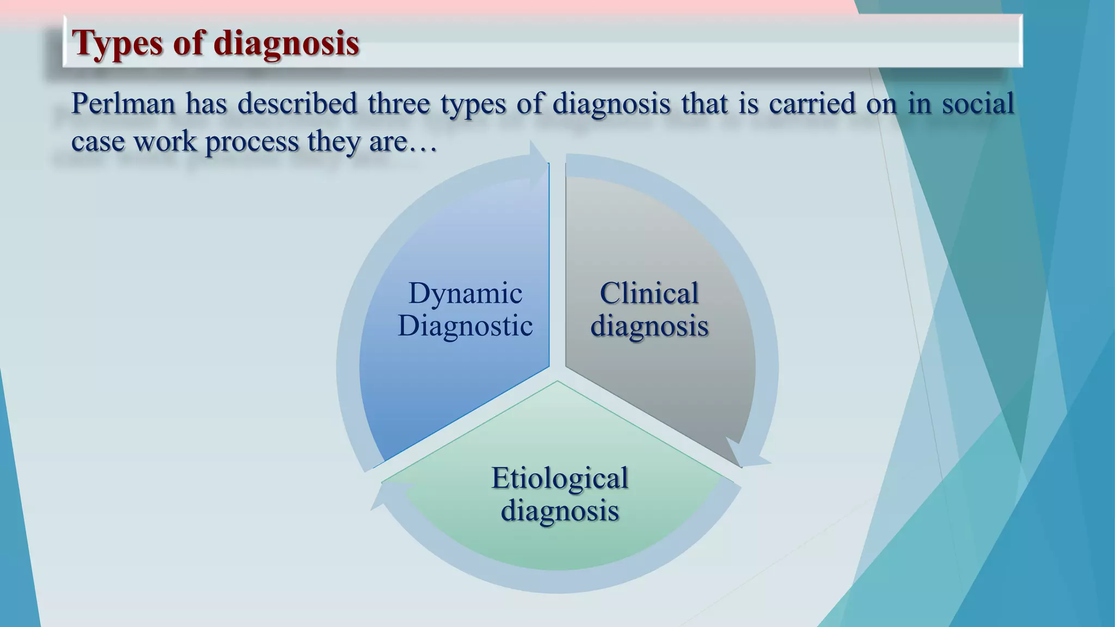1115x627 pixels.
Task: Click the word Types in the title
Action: [x=117, y=44]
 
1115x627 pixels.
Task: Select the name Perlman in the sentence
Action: [x=123, y=103]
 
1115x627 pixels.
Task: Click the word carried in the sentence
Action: [x=812, y=103]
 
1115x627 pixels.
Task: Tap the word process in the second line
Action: [x=252, y=143]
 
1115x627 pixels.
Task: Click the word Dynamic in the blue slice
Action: [x=465, y=294]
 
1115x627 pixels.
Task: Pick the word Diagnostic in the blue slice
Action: [x=465, y=327]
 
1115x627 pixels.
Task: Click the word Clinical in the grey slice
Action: [x=649, y=294]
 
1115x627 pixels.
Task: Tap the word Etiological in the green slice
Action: [x=560, y=478]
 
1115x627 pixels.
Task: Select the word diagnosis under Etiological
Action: [x=560, y=511]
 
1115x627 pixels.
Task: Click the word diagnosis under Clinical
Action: [x=649, y=327]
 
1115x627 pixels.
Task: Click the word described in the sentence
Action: [x=297, y=103]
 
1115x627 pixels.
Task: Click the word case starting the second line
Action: [x=98, y=143]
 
